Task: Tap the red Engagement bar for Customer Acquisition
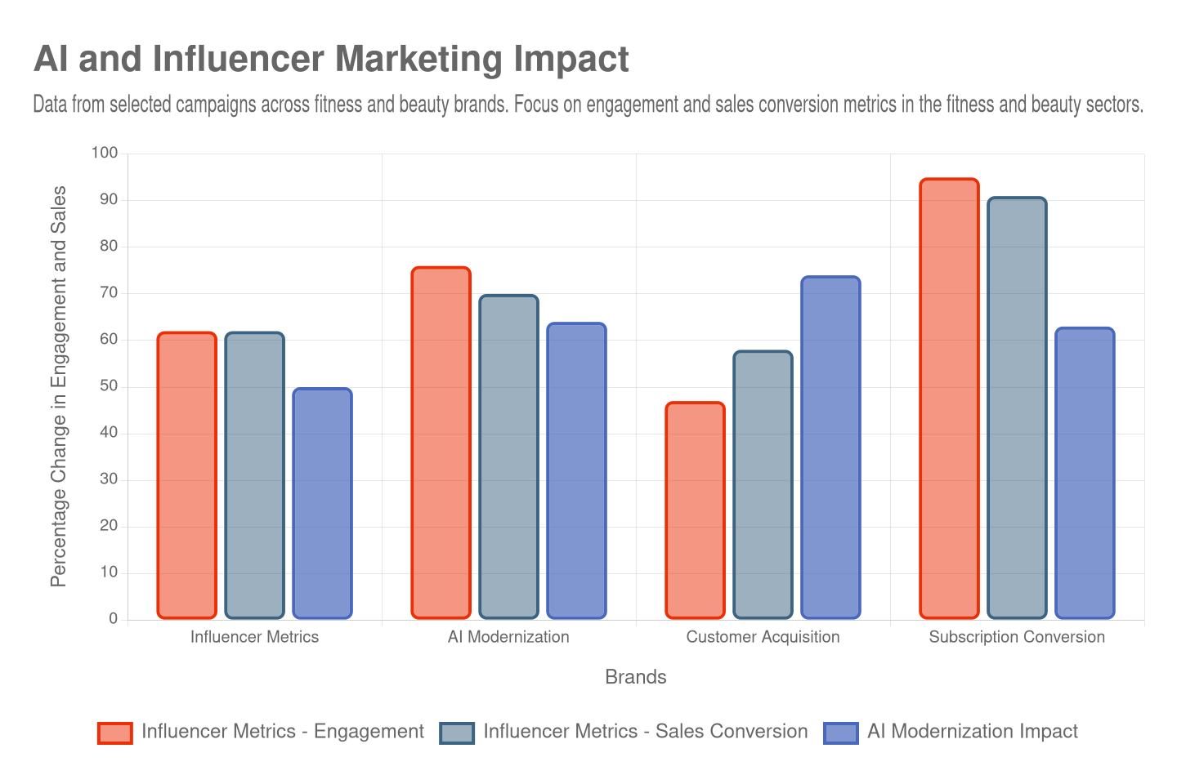(695, 510)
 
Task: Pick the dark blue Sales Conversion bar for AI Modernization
(508, 457)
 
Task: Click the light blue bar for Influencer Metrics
(322, 503)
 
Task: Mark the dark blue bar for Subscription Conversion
(1017, 408)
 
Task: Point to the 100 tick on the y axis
(105, 153)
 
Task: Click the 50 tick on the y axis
(109, 385)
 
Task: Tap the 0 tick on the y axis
(114, 618)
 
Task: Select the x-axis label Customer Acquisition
(763, 637)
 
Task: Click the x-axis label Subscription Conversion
(1017, 637)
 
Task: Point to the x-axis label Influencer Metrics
(254, 637)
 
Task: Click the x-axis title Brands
(635, 677)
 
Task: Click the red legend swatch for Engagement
(114, 733)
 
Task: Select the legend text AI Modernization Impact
(972, 732)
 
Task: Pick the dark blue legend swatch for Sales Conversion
(457, 733)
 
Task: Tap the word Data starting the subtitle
(49, 105)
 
